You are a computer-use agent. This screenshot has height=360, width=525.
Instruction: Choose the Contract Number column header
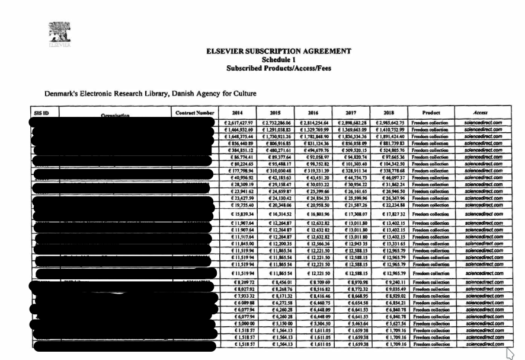pos(193,112)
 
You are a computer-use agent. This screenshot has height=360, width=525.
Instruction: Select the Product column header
pos(431,112)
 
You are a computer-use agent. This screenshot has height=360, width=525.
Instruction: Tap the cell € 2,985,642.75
pos(388,122)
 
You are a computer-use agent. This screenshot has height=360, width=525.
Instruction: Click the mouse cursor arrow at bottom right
pos(508,352)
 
